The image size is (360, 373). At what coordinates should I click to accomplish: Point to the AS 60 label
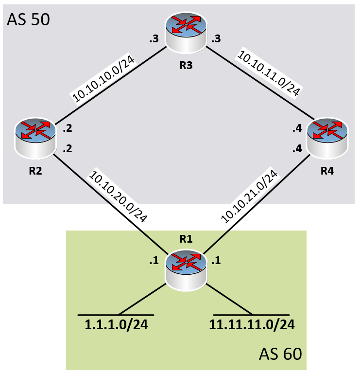coord(280,354)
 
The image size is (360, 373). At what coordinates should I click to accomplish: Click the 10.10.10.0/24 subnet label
coord(103,79)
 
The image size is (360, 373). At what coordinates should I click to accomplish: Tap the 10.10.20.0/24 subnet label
coord(118,195)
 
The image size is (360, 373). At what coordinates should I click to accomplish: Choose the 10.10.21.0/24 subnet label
coord(252,195)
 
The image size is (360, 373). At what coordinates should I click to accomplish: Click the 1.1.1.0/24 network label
coord(117,325)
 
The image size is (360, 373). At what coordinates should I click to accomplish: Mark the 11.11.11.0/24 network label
coord(252,325)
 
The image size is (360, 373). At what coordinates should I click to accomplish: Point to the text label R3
coord(186,65)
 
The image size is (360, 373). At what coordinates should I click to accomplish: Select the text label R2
coord(34,171)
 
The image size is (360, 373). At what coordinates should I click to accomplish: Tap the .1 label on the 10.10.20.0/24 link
coord(154,261)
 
